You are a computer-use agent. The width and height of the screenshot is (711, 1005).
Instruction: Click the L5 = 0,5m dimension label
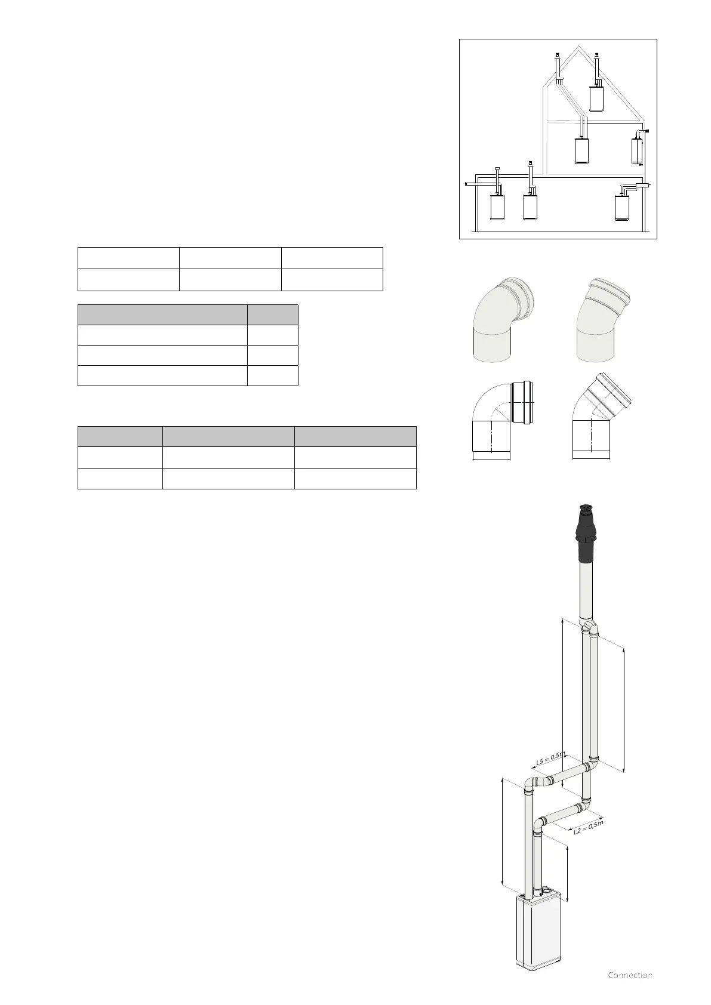point(551,759)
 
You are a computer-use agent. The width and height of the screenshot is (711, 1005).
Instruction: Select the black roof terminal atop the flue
point(586,534)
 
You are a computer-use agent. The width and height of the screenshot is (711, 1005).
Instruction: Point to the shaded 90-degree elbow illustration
point(503,319)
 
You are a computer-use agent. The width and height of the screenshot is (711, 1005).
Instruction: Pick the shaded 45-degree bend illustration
point(602,319)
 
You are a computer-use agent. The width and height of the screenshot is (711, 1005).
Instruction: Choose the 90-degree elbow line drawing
point(503,420)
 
